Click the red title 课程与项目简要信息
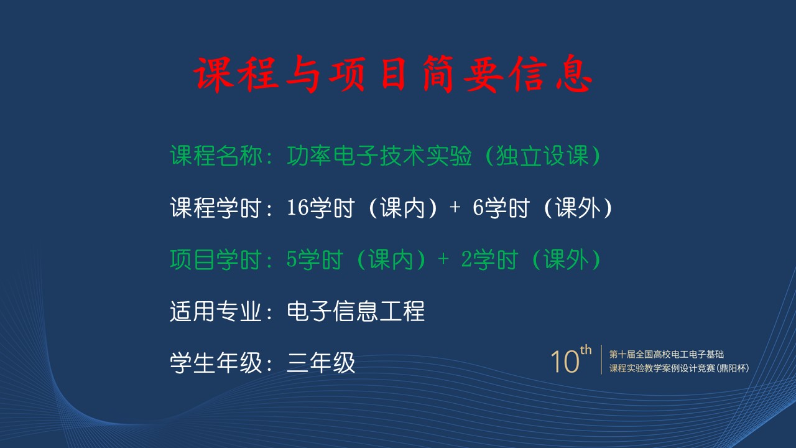tap(393, 74)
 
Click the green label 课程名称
tap(216, 156)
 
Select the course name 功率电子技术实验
tap(379, 156)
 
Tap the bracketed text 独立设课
tap(542, 156)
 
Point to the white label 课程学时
tap(216, 208)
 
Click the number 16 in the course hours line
tap(297, 208)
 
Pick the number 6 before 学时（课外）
tap(478, 208)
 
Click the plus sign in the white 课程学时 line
tap(455, 207)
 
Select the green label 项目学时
tap(216, 259)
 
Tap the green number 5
tap(292, 259)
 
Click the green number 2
tap(466, 259)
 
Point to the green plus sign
tap(443, 259)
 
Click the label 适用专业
tap(216, 311)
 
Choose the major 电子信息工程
tap(356, 311)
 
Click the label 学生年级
tap(216, 363)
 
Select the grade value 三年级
tap(321, 363)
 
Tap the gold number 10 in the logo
tap(565, 362)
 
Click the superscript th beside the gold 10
tap(586, 350)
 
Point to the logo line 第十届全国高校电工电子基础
tap(666, 354)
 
